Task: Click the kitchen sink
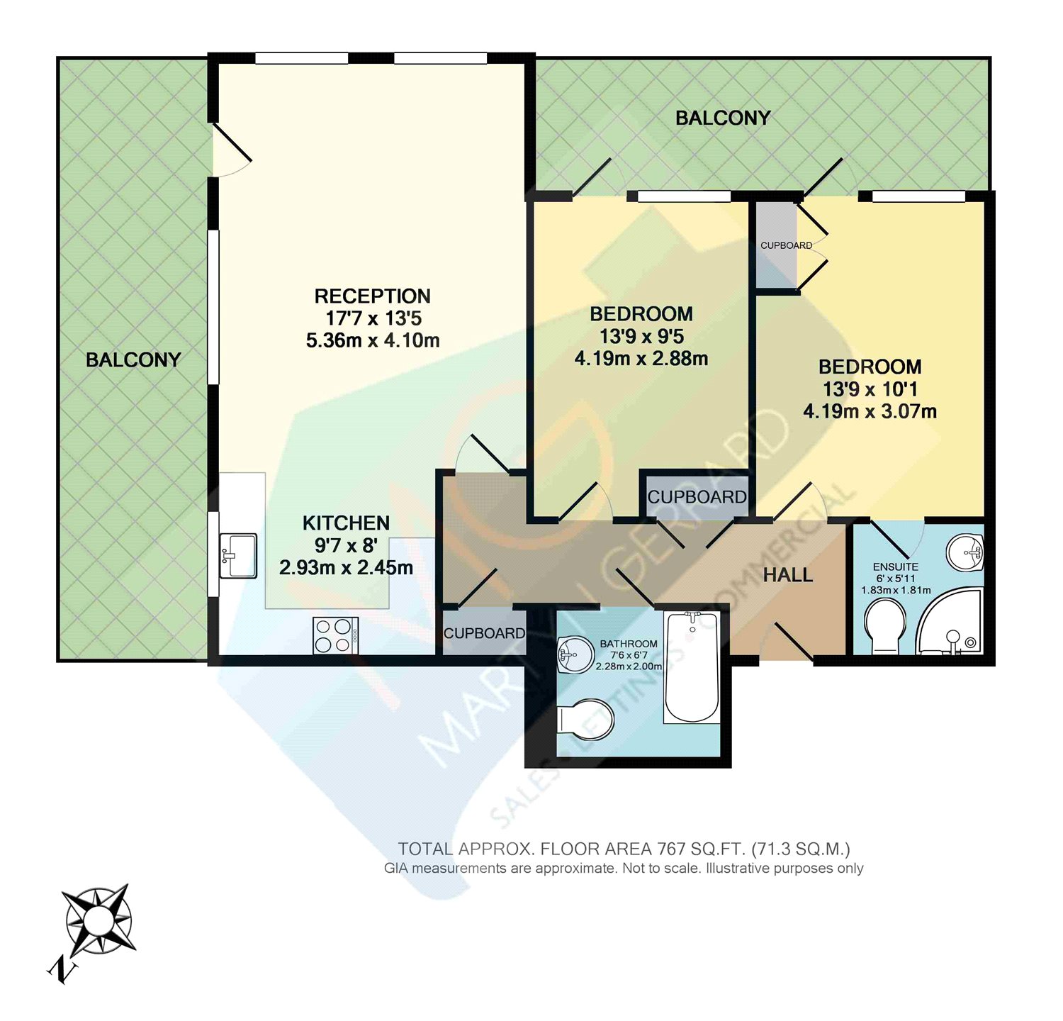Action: point(238,556)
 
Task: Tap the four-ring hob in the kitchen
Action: point(336,636)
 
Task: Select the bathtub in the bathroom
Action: point(692,667)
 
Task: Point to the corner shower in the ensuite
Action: point(950,621)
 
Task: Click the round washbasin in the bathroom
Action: point(575,654)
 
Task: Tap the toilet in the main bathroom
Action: point(585,720)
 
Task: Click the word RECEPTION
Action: point(372,296)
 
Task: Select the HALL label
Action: point(788,575)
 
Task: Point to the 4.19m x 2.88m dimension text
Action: point(641,359)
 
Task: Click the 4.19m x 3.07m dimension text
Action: point(870,411)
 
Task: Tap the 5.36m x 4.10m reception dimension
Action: point(373,340)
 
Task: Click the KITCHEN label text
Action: point(346,523)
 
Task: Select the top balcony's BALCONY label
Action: point(723,118)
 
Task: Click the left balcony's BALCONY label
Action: point(133,360)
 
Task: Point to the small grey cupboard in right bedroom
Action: point(777,245)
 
